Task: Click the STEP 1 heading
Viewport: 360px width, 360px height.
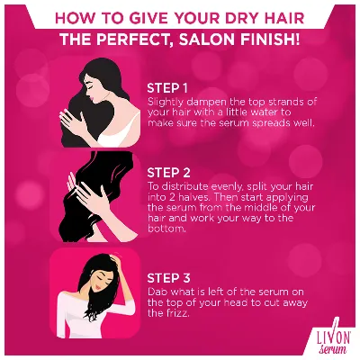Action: pyautogui.click(x=167, y=88)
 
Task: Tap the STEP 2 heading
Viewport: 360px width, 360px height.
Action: pyautogui.click(x=168, y=173)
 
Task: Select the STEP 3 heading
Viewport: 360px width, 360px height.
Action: pyautogui.click(x=168, y=278)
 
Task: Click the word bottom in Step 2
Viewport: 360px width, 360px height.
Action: pyautogui.click(x=165, y=229)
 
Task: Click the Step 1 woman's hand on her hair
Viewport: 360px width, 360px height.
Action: pyautogui.click(x=69, y=118)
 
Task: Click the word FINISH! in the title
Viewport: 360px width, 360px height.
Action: pyautogui.click(x=267, y=40)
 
